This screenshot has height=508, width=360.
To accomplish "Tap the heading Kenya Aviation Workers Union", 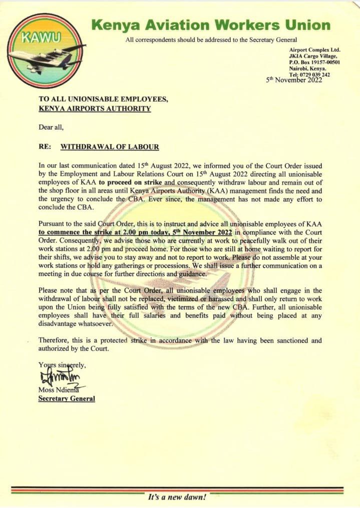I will [211, 25].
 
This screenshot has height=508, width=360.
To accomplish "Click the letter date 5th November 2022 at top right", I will [294, 80].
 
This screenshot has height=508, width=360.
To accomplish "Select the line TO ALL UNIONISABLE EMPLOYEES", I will [103, 99].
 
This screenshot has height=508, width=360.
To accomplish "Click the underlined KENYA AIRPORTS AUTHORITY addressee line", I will [95, 109].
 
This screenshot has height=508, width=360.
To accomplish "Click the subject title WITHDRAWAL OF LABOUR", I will [110, 147].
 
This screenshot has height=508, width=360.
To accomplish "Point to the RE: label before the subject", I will [46, 147].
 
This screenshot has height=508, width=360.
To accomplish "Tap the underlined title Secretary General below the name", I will [67, 399].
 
